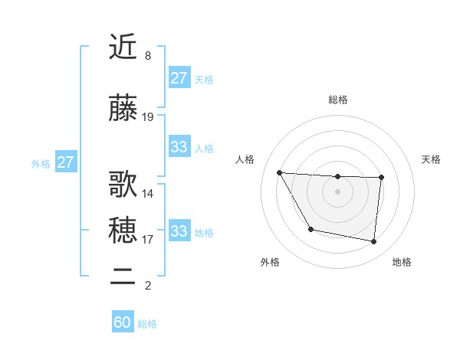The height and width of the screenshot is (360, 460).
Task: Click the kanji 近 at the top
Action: pyautogui.click(x=123, y=48)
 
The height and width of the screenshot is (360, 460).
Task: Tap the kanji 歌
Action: pyautogui.click(x=123, y=185)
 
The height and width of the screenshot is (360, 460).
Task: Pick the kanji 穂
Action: pyautogui.click(x=123, y=229)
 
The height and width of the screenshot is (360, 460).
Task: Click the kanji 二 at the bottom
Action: pyautogui.click(x=123, y=277)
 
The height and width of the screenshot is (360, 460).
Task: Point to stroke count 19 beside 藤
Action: pyautogui.click(x=148, y=117)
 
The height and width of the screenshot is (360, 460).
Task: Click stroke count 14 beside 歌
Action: pyautogui.click(x=148, y=194)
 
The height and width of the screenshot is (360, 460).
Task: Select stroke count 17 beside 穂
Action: pyautogui.click(x=148, y=240)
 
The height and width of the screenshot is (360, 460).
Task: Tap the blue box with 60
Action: pyautogui.click(x=123, y=322)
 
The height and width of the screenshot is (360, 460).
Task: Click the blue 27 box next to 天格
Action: pyautogui.click(x=179, y=78)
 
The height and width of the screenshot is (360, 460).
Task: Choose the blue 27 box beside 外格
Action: pyautogui.click(x=66, y=162)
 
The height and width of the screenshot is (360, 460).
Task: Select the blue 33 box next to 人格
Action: pyautogui.click(x=179, y=147)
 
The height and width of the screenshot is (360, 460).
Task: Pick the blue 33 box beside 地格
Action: pyautogui.click(x=179, y=231)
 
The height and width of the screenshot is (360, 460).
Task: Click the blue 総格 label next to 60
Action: pyautogui.click(x=147, y=324)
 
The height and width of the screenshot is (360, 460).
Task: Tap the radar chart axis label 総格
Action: pyautogui.click(x=337, y=100)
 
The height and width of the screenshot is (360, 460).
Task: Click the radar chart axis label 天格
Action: pyautogui.click(x=431, y=159)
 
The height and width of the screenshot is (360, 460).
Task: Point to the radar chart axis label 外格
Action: pyautogui.click(x=270, y=263)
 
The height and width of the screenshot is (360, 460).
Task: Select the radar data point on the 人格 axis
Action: pyautogui.click(x=279, y=172)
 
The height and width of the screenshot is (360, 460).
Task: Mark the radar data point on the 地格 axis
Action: pyautogui.click(x=373, y=242)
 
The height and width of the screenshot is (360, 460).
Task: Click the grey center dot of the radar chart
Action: pyautogui.click(x=337, y=191)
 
